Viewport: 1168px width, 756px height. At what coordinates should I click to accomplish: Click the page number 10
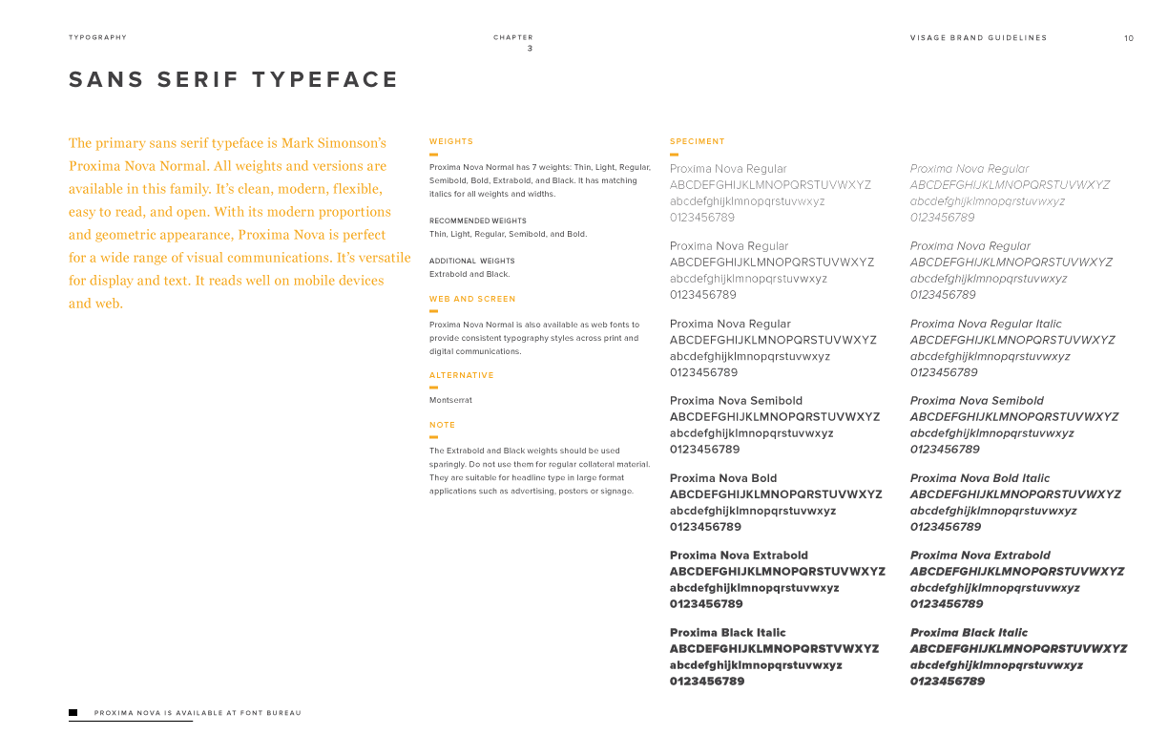point(1129,38)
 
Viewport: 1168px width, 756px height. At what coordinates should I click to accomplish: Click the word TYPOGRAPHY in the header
point(97,38)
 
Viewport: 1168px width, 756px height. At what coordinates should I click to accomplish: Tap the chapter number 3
point(530,49)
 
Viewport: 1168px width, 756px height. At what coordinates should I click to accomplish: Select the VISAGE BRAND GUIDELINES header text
point(978,38)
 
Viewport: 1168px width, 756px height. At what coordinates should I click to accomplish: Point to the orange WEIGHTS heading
point(450,141)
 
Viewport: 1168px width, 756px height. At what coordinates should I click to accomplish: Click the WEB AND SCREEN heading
point(472,299)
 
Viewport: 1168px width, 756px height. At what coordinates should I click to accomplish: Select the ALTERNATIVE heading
point(462,375)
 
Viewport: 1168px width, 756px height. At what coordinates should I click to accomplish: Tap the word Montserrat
point(450,400)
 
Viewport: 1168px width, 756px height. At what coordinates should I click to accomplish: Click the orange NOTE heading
point(442,425)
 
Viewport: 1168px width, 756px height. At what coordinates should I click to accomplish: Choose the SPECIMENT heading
point(698,141)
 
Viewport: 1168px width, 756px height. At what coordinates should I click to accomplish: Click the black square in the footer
point(73,712)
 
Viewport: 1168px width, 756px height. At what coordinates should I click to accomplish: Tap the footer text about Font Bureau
point(198,713)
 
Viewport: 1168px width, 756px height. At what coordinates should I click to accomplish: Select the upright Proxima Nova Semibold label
point(736,401)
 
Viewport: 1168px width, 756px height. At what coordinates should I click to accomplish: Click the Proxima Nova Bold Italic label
point(979,478)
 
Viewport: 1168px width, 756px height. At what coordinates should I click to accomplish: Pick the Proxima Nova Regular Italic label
point(985,324)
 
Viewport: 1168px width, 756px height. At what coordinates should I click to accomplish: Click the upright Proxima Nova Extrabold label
point(739,555)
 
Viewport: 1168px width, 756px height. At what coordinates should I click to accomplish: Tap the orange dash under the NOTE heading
point(433,436)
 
